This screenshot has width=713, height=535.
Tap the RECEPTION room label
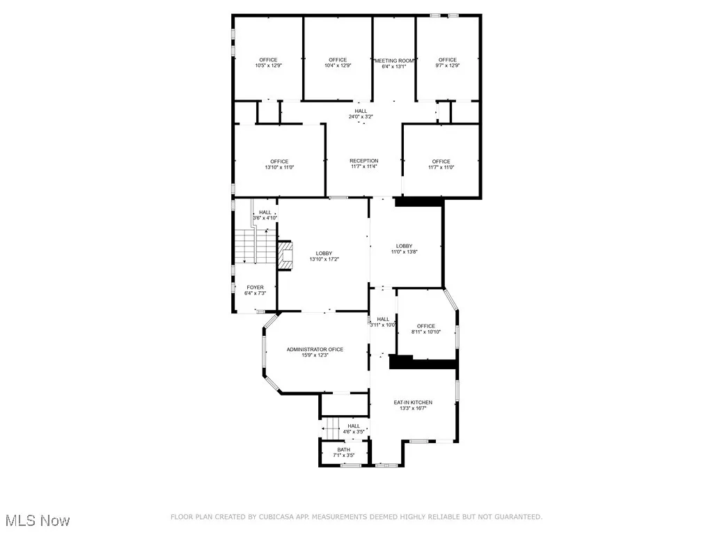coord(363,161)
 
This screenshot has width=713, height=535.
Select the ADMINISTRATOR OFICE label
coord(315,349)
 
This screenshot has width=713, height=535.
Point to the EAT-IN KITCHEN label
coord(413,402)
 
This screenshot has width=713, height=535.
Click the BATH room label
coord(344,449)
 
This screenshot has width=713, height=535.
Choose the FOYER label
coord(255,287)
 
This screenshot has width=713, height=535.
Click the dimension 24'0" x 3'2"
coord(361,116)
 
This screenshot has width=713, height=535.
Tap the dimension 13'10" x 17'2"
coord(324,259)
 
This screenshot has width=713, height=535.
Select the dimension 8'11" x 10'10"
coord(426,332)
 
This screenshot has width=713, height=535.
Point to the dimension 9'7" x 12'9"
coord(448,66)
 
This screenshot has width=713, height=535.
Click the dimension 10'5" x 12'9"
coord(268,66)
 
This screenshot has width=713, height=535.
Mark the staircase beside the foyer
coord(245,247)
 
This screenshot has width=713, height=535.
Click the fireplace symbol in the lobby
coord(285,255)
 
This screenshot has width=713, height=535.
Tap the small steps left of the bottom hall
coord(330,427)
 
